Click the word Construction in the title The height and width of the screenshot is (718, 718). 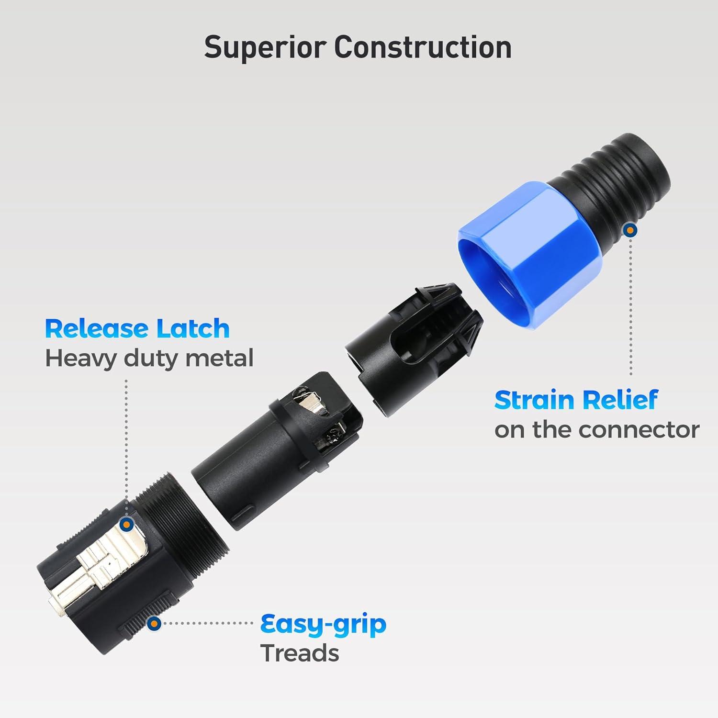click(x=423, y=47)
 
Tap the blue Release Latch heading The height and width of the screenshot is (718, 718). click(x=137, y=328)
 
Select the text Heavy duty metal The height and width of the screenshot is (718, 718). click(x=149, y=359)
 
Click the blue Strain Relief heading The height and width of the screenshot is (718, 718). click(x=576, y=400)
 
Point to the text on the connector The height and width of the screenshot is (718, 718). click(x=597, y=429)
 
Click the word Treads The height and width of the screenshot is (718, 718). click(x=300, y=653)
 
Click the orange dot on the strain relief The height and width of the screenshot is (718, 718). click(x=631, y=230)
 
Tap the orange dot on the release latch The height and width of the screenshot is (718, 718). click(x=126, y=525)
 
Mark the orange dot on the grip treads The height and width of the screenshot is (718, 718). click(x=154, y=623)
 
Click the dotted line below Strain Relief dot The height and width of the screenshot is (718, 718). click(x=631, y=306)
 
